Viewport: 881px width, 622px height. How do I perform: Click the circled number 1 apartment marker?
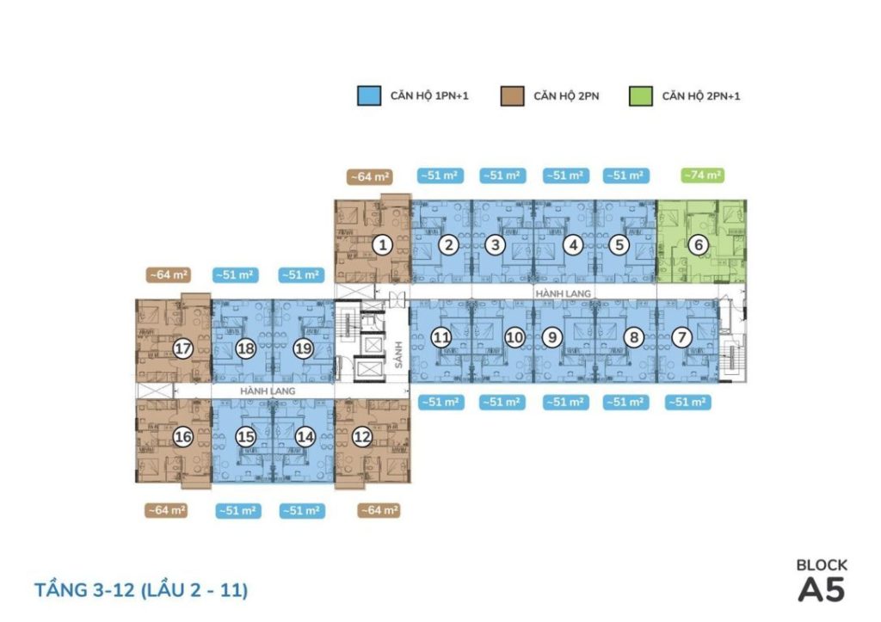[x=383, y=245]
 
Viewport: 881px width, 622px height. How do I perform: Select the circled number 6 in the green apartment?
[x=699, y=245]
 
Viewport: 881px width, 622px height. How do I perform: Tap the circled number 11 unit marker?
[x=441, y=337]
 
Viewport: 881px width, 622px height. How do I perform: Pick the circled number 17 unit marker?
[x=182, y=349]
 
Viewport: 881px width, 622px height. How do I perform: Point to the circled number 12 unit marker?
[x=362, y=436]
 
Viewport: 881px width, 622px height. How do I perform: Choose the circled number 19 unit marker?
[x=304, y=349]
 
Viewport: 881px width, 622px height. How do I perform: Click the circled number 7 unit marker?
[x=682, y=337]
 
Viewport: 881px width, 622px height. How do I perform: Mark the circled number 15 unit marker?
[x=245, y=436]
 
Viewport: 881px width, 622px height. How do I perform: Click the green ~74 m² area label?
[x=702, y=176]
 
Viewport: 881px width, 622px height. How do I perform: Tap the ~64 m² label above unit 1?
[x=369, y=177]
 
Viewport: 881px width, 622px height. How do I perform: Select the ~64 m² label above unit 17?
[x=168, y=274]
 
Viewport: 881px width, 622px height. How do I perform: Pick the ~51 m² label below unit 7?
[x=687, y=403]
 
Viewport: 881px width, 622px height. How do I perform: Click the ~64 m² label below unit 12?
[x=379, y=510]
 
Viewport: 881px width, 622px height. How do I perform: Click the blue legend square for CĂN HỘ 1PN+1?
[x=369, y=96]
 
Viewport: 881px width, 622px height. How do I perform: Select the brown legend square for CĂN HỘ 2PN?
[x=513, y=96]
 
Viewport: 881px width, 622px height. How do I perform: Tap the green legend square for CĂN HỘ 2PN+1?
[x=640, y=96]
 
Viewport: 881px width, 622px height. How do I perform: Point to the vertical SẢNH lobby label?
[x=399, y=354]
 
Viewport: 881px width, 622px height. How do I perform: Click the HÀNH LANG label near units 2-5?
[x=563, y=293]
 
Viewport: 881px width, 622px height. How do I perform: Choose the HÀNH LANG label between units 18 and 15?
[x=268, y=391]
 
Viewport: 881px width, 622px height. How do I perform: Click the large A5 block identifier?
[x=822, y=590]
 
